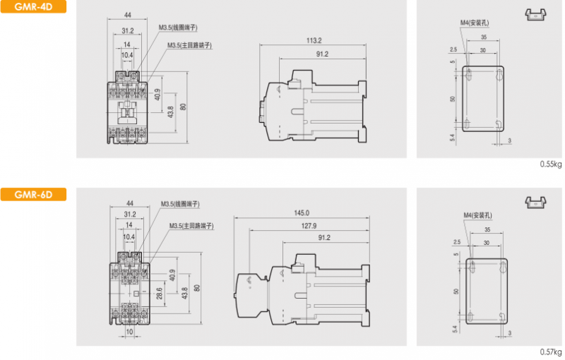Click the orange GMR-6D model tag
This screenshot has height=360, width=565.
33,194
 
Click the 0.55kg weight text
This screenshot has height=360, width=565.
550,164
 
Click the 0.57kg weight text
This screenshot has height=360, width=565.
550,352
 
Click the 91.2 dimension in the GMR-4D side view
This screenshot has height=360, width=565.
322,54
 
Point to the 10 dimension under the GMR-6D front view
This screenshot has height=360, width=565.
130,330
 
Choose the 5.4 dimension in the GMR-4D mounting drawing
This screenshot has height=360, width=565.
452,138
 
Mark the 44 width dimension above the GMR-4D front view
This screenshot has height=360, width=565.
127,15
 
